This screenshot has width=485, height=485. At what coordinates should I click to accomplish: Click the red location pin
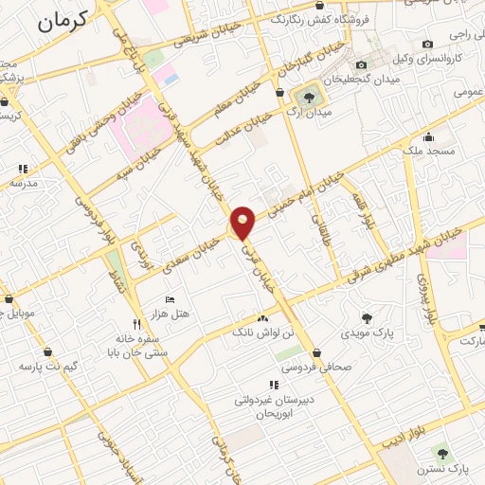[x=243, y=223]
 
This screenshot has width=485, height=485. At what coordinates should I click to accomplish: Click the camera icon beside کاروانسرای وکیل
[x=428, y=44]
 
